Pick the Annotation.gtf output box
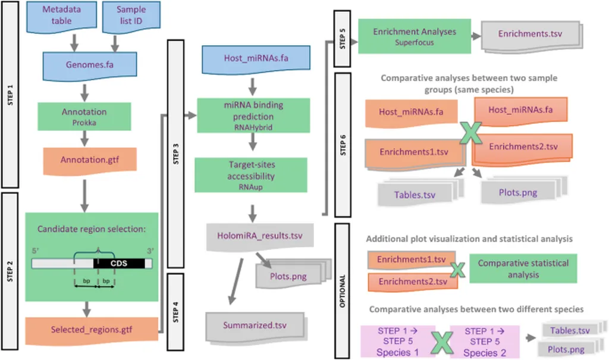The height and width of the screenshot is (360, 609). (x=90, y=159)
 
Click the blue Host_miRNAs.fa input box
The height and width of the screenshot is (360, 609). (x=256, y=60)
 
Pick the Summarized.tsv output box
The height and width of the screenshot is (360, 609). (x=255, y=325)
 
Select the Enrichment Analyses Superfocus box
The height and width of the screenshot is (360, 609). (x=415, y=36)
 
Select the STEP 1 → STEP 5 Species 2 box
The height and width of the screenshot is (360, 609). (x=485, y=341)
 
